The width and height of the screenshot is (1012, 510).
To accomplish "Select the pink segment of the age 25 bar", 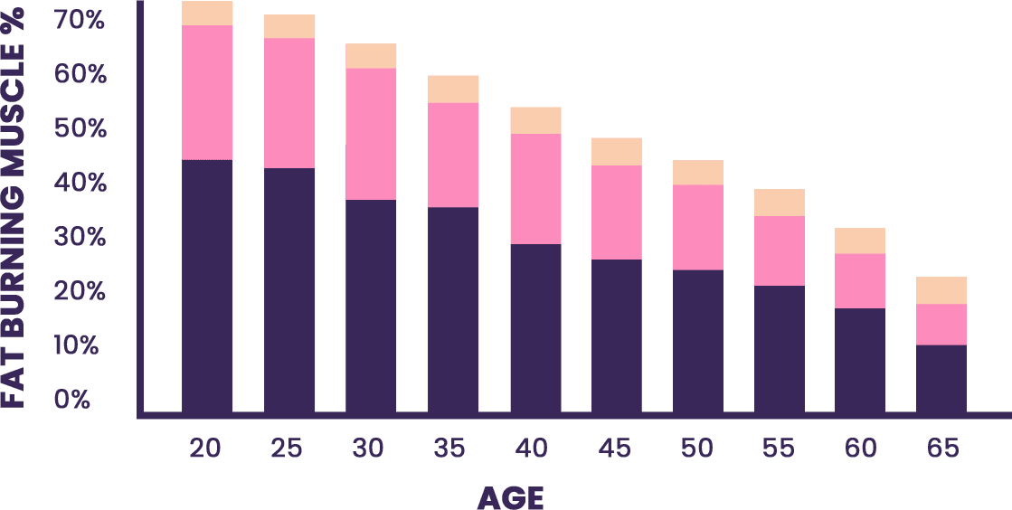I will [x=289, y=102].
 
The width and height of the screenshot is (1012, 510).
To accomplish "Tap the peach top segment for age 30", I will [x=371, y=56].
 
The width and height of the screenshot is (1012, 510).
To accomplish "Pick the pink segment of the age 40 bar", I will [x=535, y=188].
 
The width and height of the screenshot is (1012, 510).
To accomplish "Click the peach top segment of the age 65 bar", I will [x=941, y=290].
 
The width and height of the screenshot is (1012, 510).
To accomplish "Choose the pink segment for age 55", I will [x=780, y=250].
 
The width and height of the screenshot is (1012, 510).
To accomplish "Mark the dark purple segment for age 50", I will [x=698, y=342].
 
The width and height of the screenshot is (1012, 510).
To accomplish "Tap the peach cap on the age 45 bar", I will [x=617, y=151].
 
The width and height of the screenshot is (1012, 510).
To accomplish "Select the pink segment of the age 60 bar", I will [x=860, y=280].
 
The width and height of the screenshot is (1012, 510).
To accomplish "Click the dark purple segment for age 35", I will [x=453, y=310].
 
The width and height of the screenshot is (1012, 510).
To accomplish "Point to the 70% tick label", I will [x=80, y=20].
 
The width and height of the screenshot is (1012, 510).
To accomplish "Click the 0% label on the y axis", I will [x=72, y=400].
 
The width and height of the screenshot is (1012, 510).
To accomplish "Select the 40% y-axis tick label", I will [x=80, y=183].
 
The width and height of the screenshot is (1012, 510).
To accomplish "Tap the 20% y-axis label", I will [x=80, y=291].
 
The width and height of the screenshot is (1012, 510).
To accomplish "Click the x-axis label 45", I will [x=615, y=448].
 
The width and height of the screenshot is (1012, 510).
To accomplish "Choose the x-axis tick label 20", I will [x=205, y=448].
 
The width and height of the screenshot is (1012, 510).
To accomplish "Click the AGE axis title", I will [x=510, y=496].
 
